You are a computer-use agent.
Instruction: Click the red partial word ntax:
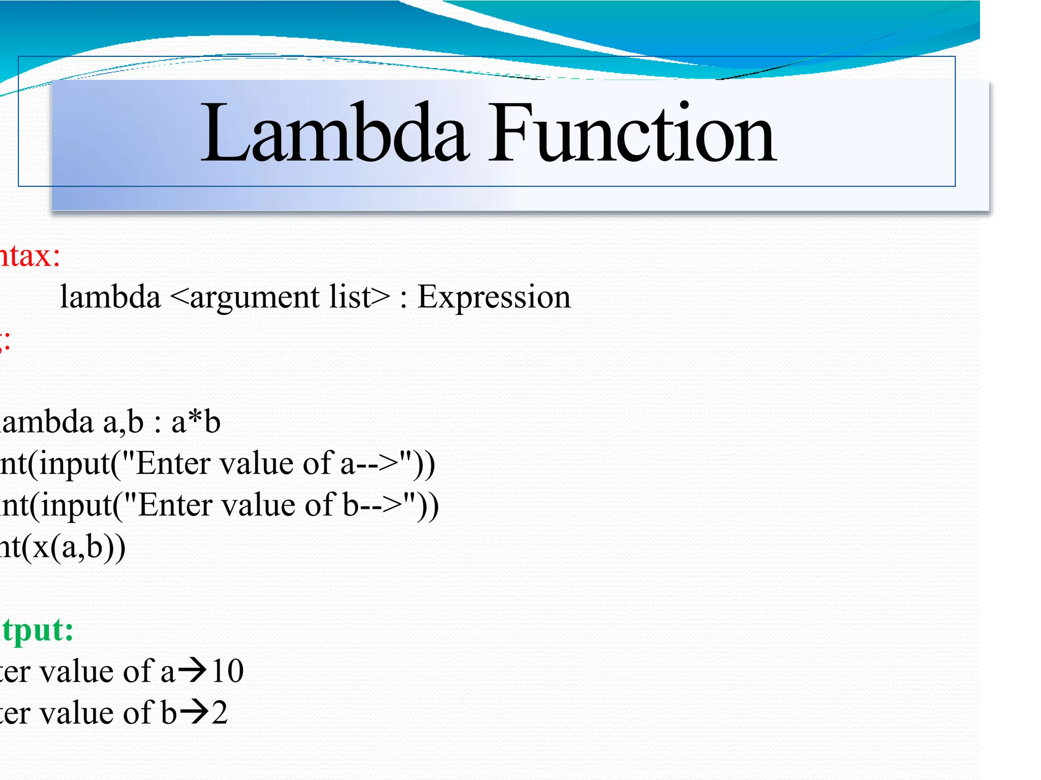(29, 255)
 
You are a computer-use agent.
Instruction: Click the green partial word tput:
(37, 630)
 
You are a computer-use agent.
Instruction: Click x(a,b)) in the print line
(79, 547)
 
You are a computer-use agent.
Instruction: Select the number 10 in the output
(228, 671)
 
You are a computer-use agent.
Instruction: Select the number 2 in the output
(220, 713)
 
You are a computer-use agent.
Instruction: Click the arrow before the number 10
(193, 670)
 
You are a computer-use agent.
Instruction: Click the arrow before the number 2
(194, 712)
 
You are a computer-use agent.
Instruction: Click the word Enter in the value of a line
(166, 464)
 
